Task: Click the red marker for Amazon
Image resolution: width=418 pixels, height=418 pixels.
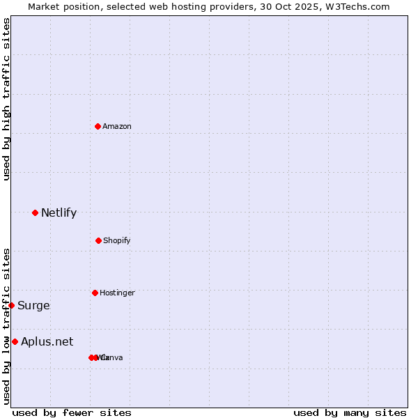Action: click(98, 126)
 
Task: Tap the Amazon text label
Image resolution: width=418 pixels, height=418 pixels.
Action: click(117, 126)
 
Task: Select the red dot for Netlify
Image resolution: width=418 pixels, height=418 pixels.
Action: click(35, 212)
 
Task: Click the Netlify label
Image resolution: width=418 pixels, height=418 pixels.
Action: click(59, 212)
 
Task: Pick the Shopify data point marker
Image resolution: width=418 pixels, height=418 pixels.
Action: click(98, 240)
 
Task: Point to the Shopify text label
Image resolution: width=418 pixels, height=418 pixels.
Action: click(117, 240)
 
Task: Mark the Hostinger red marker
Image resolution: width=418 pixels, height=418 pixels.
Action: click(95, 293)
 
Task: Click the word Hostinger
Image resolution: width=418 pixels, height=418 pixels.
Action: click(117, 293)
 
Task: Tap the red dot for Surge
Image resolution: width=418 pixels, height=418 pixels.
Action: click(11, 305)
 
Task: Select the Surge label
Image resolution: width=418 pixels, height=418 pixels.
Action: click(33, 305)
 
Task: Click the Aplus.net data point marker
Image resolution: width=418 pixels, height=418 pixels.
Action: click(15, 341)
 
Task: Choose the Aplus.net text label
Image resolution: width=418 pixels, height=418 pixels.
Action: click(47, 341)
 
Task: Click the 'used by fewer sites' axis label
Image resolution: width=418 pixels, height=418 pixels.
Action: click(72, 413)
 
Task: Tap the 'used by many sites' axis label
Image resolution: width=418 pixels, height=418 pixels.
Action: click(350, 413)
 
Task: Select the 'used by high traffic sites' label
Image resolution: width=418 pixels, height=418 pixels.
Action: click(6, 99)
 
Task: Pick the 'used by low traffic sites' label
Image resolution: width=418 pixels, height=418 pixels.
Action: click(6, 326)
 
